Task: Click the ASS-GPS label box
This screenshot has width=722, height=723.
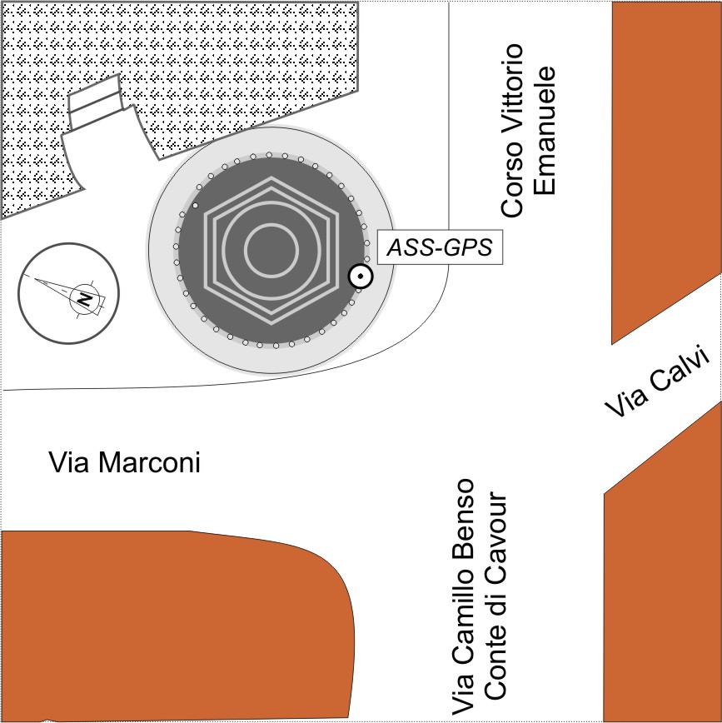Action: pyautogui.click(x=440, y=247)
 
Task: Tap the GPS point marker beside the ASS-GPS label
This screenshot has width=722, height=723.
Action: pyautogui.click(x=361, y=277)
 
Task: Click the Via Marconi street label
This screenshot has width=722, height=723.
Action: pyautogui.click(x=125, y=462)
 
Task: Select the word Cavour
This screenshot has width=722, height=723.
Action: pyautogui.click(x=495, y=534)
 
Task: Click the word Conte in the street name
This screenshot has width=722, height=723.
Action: pyautogui.click(x=495, y=657)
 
